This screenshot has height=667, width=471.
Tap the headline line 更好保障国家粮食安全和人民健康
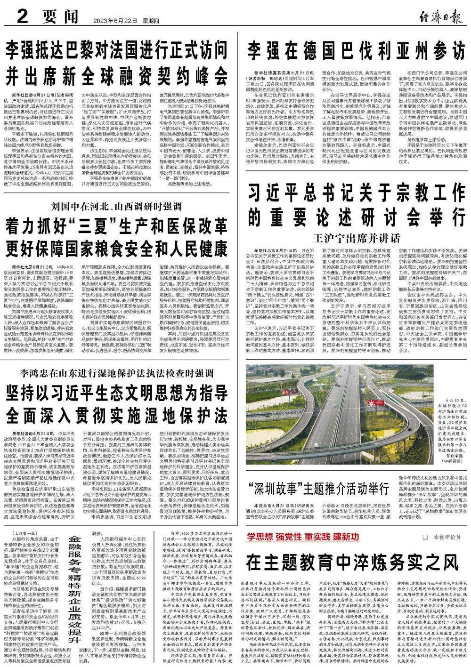[115, 247]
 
